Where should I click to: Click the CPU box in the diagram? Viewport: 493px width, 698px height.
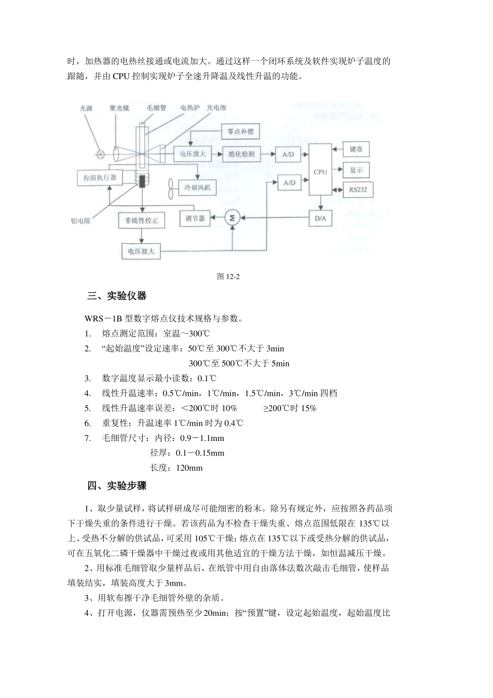pyautogui.click(x=320, y=171)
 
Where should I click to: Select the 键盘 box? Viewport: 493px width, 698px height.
pyautogui.click(x=356, y=149)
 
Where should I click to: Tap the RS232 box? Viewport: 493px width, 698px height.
pyautogui.click(x=358, y=190)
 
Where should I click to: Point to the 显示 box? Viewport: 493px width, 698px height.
pyautogui.click(x=356, y=170)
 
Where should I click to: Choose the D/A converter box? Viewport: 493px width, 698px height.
pyautogui.click(x=320, y=218)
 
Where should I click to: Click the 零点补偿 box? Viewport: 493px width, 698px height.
pyautogui.click(x=240, y=131)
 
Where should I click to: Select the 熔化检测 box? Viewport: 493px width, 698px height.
pyautogui.click(x=241, y=154)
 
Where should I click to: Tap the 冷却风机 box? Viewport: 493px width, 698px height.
pyautogui.click(x=197, y=188)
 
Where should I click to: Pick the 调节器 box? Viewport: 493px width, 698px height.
pyautogui.click(x=195, y=219)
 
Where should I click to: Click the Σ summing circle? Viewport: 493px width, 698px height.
pyautogui.click(x=232, y=219)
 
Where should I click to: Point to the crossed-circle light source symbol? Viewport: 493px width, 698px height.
pyautogui.click(x=101, y=154)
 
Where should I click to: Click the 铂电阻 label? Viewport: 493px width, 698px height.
pyautogui.click(x=80, y=220)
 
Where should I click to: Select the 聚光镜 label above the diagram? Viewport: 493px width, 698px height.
pyautogui.click(x=119, y=108)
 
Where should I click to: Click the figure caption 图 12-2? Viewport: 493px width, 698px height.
pyautogui.click(x=228, y=276)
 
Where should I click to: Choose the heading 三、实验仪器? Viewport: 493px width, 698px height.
pyautogui.click(x=117, y=296)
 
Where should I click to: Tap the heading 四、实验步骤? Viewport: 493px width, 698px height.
pyautogui.click(x=117, y=486)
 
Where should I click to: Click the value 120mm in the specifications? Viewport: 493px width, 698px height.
pyautogui.click(x=189, y=468)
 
